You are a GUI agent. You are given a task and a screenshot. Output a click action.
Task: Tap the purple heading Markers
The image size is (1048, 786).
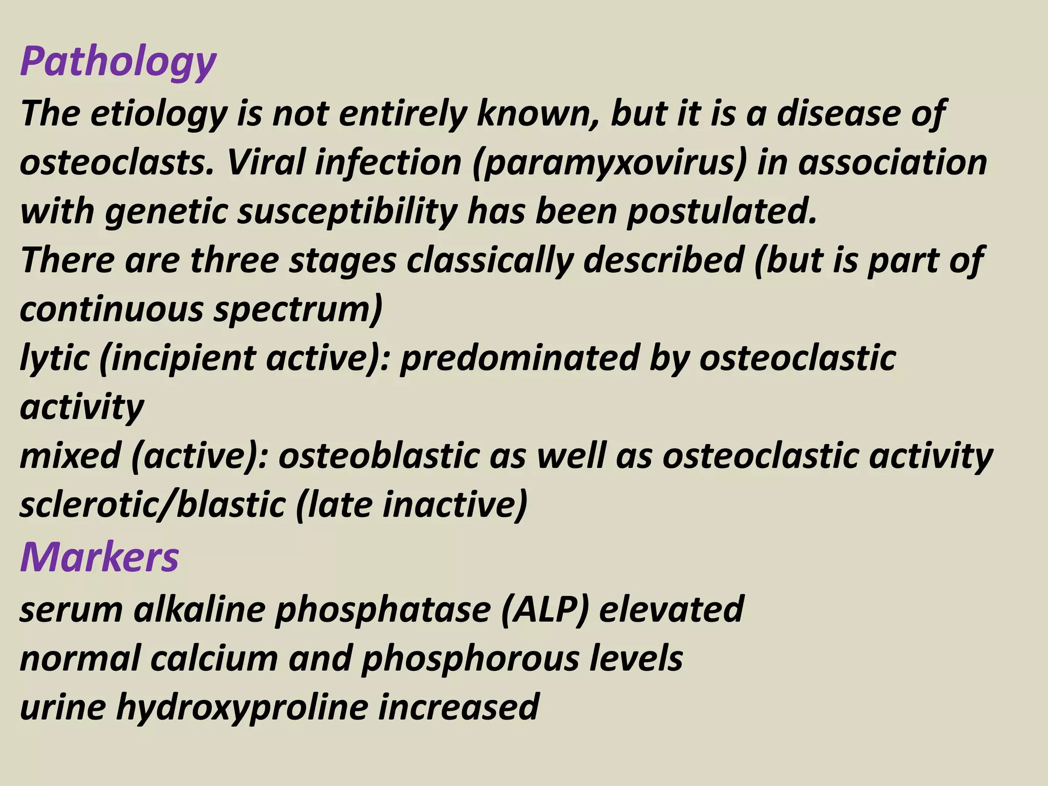(x=99, y=557)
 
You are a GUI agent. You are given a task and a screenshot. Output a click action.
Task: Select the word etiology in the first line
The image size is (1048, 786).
(x=159, y=114)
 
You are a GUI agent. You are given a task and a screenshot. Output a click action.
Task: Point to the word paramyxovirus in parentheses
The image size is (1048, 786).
(x=609, y=163)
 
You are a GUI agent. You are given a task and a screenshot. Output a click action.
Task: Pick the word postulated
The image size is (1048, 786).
(x=722, y=211)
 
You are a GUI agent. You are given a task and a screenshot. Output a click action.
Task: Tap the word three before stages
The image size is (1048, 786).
(x=234, y=260)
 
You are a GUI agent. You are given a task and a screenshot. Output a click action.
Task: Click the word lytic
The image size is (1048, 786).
(x=54, y=358)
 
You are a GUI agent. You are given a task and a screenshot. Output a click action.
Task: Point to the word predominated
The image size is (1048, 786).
(x=519, y=358)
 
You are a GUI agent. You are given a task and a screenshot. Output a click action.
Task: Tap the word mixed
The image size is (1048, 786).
(x=70, y=456)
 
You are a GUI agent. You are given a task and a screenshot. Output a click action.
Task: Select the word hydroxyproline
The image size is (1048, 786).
(x=243, y=707)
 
